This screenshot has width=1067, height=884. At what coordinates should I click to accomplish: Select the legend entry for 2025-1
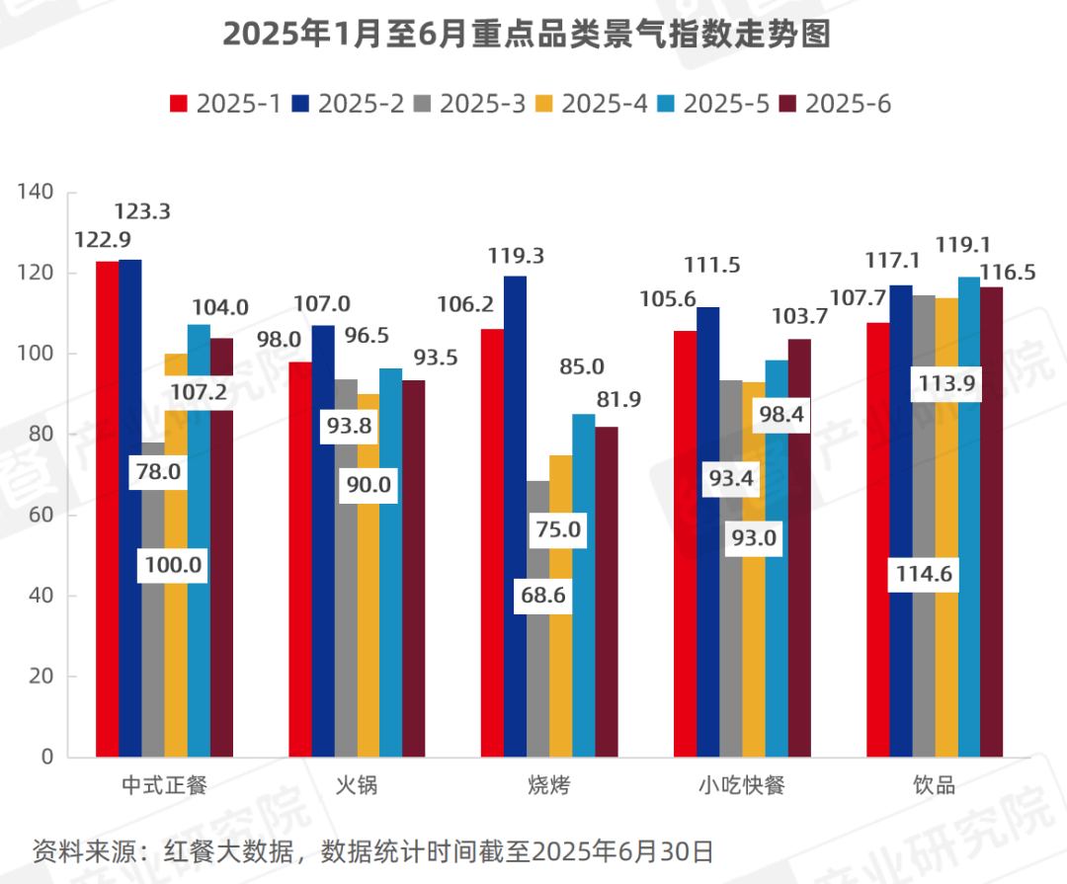[x=226, y=104]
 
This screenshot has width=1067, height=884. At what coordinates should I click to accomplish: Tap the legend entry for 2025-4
[x=592, y=104]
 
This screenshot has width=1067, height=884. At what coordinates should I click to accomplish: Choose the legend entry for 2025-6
[x=835, y=104]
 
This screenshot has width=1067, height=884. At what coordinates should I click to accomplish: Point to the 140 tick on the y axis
[x=36, y=193]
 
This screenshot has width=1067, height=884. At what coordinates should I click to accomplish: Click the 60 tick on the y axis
[x=40, y=516]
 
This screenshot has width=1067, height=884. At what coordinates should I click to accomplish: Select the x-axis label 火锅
[x=357, y=786]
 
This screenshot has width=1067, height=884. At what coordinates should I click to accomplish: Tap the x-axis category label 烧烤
[x=548, y=786]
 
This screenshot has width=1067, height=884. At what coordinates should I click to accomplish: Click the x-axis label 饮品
[x=934, y=786]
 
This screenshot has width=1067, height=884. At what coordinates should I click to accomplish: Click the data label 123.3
[x=142, y=211]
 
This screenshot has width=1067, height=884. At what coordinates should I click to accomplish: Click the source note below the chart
[x=372, y=850]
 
